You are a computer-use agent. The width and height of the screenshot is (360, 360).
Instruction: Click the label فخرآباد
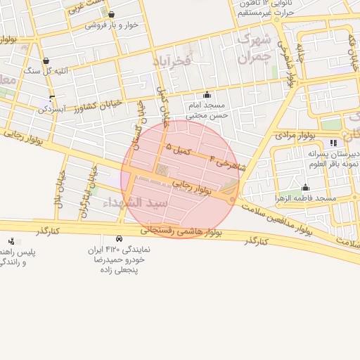click(x=172, y=62)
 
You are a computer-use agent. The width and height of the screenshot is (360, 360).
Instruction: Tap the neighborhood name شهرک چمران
click(x=249, y=49)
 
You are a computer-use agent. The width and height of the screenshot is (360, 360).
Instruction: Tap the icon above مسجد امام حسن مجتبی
click(x=207, y=95)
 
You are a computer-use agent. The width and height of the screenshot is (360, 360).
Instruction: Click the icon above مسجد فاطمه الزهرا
click(x=305, y=187)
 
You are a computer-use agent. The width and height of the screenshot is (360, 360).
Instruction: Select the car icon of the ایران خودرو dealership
click(x=119, y=238)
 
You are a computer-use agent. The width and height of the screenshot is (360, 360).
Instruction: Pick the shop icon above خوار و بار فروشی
click(x=111, y=14)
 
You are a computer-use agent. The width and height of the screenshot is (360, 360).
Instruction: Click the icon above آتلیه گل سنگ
click(x=46, y=60)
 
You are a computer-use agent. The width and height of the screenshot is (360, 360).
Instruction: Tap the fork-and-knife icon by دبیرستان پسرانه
click(x=333, y=143)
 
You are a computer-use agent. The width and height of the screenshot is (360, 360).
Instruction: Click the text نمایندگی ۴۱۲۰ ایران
click(x=119, y=250)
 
